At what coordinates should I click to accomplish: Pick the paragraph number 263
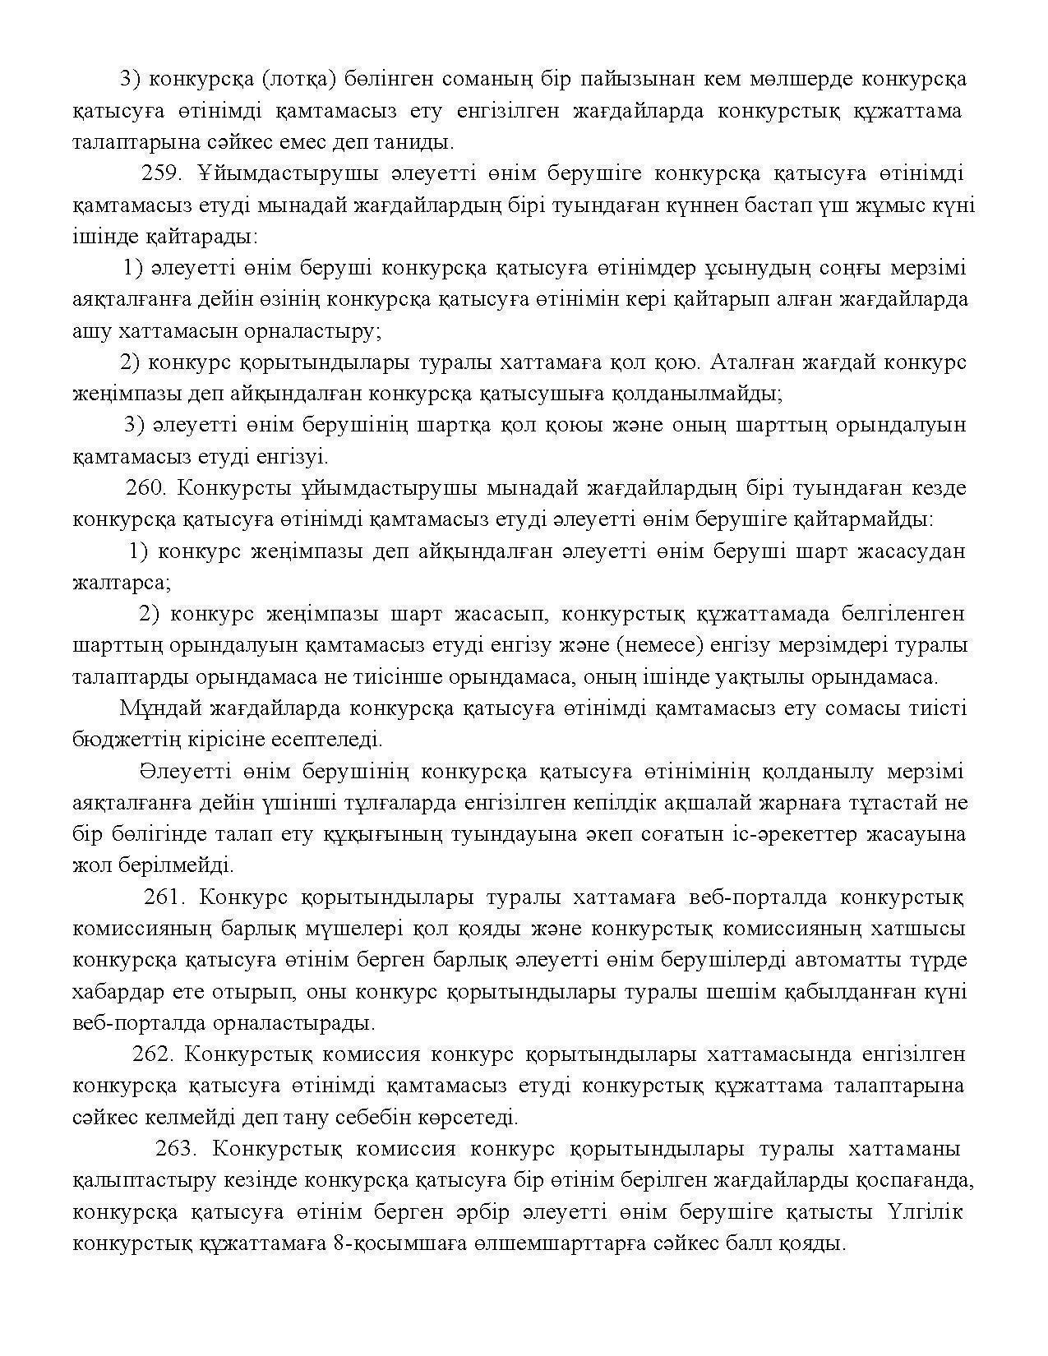(x=175, y=1148)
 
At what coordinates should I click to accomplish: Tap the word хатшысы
(x=920, y=929)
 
